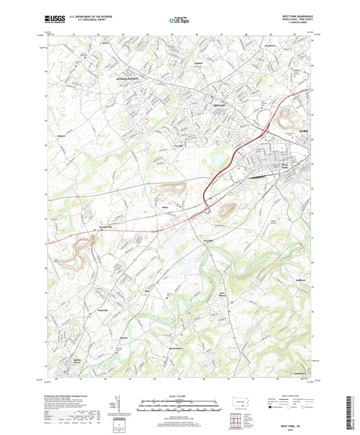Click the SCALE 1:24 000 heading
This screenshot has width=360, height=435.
pos(179,396)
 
